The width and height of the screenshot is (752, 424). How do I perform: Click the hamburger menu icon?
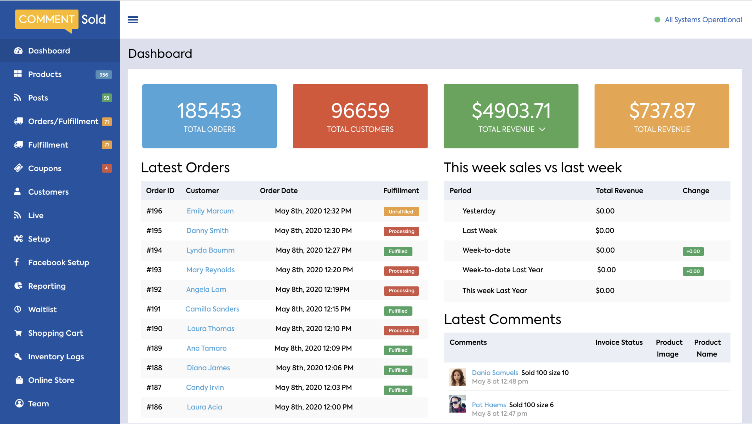point(132,20)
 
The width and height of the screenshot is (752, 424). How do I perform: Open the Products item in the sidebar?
point(45,74)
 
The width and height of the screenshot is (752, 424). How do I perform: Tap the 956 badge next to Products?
point(104,75)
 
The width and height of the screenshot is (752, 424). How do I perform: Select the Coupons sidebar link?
point(45,168)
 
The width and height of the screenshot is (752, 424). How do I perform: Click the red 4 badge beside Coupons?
point(106,168)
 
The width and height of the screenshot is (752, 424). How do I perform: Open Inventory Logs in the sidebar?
point(56,357)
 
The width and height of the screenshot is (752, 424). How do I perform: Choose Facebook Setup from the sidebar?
point(58,262)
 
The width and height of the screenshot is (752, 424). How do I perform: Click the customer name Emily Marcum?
point(210,211)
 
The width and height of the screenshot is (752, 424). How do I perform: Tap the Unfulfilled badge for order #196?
point(401,211)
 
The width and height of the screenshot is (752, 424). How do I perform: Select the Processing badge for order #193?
point(401,271)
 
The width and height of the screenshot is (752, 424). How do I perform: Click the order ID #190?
point(154,328)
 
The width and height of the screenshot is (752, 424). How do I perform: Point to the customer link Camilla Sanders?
point(212,309)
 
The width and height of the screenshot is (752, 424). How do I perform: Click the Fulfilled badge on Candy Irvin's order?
point(398,390)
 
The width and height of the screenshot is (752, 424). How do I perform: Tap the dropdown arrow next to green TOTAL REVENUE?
point(542,129)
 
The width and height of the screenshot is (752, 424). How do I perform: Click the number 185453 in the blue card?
point(209,111)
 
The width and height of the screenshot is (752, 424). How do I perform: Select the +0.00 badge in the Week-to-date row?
point(693,251)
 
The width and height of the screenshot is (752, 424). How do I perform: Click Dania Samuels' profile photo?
point(457,377)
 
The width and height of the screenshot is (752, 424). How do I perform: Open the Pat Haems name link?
point(489,405)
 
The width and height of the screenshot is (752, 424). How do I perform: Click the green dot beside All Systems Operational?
point(657,20)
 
